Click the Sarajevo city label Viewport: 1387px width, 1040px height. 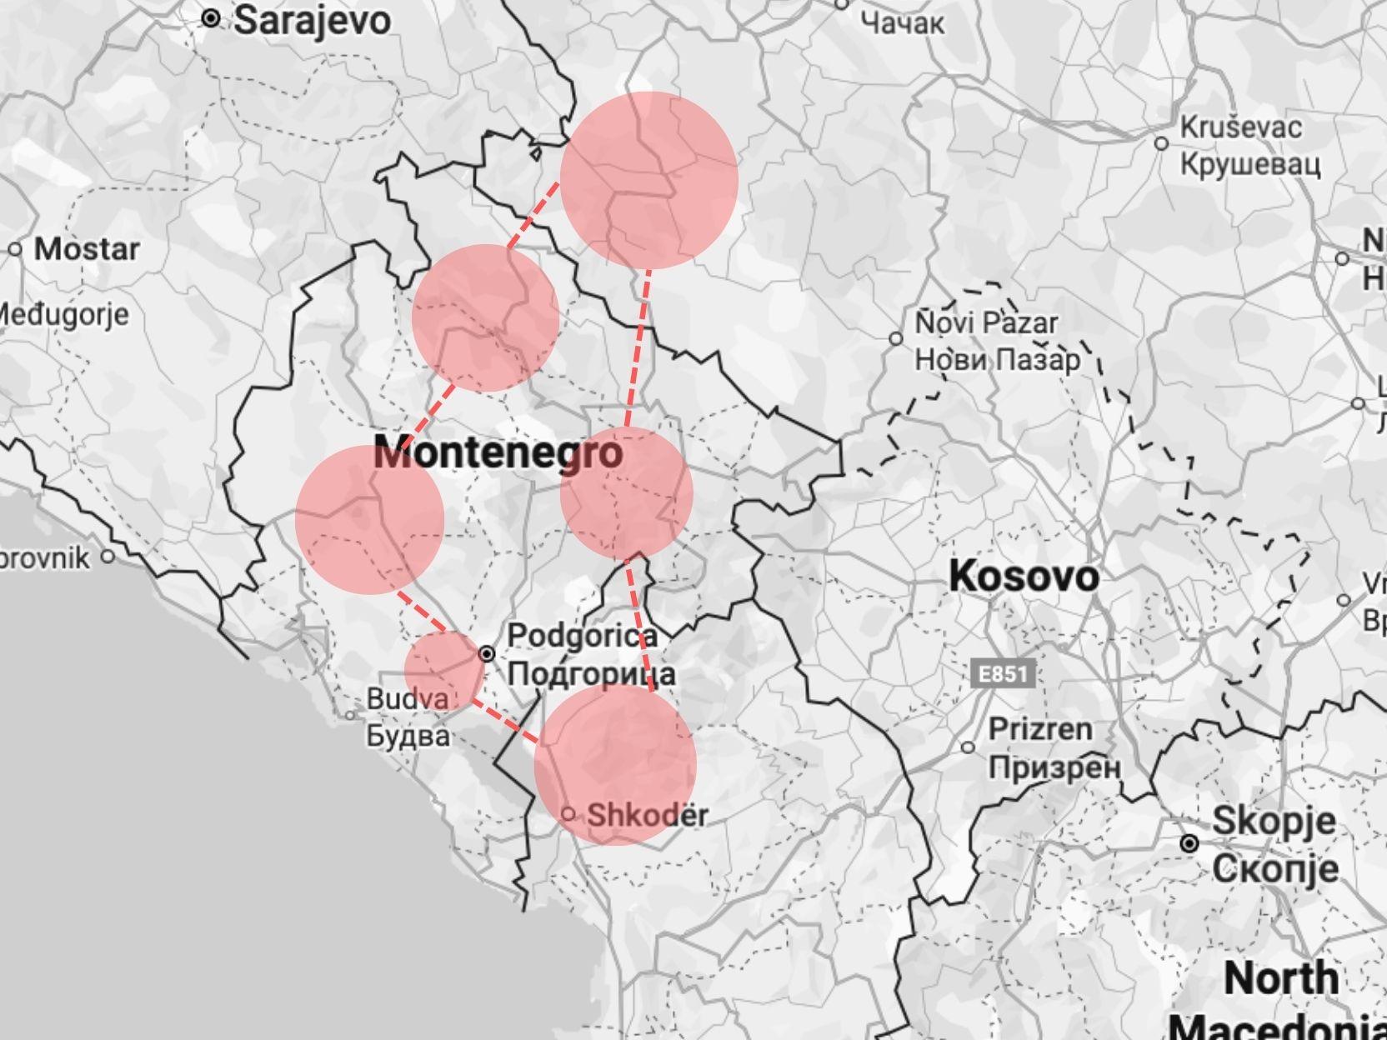(x=311, y=21)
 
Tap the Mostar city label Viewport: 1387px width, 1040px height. (x=87, y=249)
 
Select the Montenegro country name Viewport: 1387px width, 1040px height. (x=498, y=453)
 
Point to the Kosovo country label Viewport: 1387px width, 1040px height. (x=1024, y=577)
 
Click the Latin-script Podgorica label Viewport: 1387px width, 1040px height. (x=583, y=636)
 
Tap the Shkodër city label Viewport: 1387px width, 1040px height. (x=648, y=814)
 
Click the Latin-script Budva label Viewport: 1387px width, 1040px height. (x=408, y=699)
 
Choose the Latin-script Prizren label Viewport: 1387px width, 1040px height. (x=1040, y=729)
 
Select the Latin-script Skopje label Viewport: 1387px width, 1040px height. (x=1274, y=820)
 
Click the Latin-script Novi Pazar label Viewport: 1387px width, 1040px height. (x=987, y=322)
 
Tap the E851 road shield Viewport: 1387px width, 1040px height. (x=1003, y=673)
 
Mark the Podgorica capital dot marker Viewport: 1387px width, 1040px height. (x=487, y=654)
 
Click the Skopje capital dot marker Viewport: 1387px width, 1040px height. (x=1189, y=844)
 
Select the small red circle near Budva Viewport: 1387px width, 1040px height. (x=444, y=670)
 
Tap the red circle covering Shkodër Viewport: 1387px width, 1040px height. (x=615, y=764)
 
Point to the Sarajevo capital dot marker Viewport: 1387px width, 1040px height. (x=211, y=17)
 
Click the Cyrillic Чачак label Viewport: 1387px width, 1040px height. (x=904, y=23)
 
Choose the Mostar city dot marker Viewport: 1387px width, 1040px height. (x=16, y=249)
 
